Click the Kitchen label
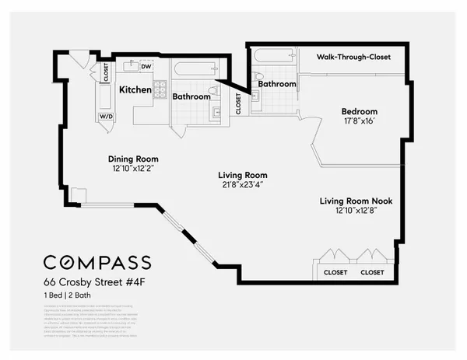(x=135, y=90)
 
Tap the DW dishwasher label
(x=146, y=66)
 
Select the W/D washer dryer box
(x=105, y=116)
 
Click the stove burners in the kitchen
(x=160, y=89)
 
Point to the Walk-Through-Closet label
(x=353, y=57)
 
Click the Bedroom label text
(x=359, y=111)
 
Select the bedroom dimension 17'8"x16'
(x=359, y=121)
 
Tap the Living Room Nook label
(x=356, y=201)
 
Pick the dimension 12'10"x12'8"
(x=356, y=211)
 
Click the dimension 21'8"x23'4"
(x=243, y=185)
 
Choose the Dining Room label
(x=133, y=159)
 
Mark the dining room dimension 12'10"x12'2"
(x=133, y=169)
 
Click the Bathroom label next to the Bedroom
(x=277, y=84)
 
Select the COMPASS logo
(x=97, y=262)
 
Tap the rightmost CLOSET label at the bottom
(x=372, y=273)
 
